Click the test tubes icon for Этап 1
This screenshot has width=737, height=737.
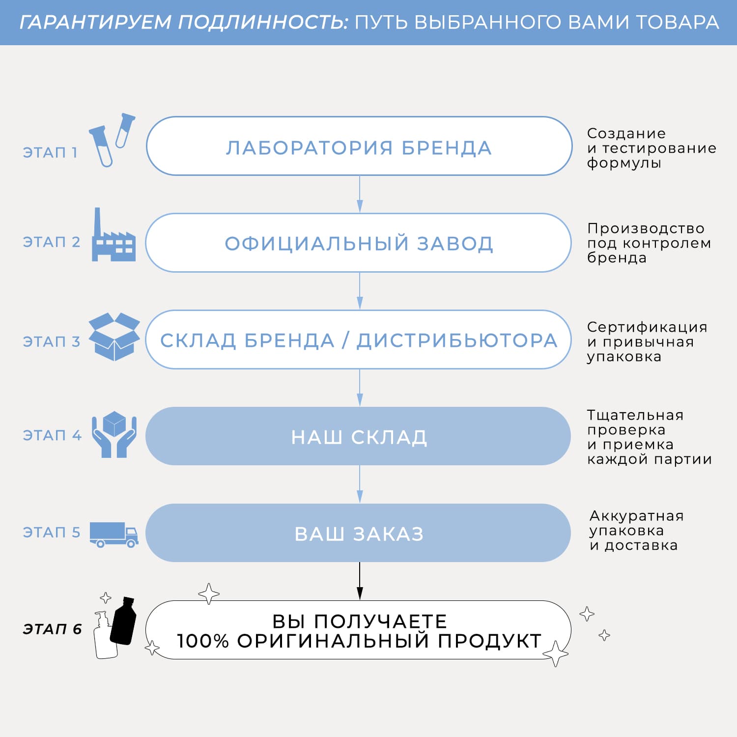pyautogui.click(x=112, y=140)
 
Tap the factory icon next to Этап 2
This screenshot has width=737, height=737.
pyautogui.click(x=113, y=234)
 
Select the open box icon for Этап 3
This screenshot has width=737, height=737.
pyautogui.click(x=114, y=337)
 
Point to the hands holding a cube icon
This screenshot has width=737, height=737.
pyautogui.click(x=114, y=434)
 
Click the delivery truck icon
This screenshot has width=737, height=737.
pyautogui.click(x=114, y=535)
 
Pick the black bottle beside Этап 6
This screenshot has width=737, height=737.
pyautogui.click(x=123, y=621)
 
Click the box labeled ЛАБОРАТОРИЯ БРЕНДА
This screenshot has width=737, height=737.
pyautogui.click(x=359, y=146)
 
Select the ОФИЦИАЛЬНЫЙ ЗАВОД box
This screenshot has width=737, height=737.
pyautogui.click(x=359, y=243)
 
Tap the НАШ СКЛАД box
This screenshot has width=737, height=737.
pyautogui.click(x=358, y=436)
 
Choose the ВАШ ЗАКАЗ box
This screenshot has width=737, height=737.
pyautogui.click(x=358, y=533)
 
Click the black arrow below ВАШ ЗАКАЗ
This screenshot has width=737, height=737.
pyautogui.click(x=360, y=581)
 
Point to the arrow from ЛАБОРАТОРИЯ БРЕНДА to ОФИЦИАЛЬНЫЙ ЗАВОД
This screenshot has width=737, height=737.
pyautogui.click(x=360, y=194)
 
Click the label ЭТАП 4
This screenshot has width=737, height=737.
pyautogui.click(x=52, y=435)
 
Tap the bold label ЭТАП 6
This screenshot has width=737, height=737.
pyautogui.click(x=52, y=629)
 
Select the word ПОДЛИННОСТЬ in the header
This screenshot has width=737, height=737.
pyautogui.click(x=263, y=23)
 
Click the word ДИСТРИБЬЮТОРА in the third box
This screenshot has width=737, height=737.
pyautogui.click(x=457, y=340)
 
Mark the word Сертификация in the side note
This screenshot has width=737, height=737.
pyautogui.click(x=647, y=327)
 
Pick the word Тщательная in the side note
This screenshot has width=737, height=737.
pyautogui.click(x=635, y=416)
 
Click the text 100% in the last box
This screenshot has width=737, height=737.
pyautogui.click(x=203, y=641)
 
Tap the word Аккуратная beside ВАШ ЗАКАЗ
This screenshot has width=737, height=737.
pyautogui.click(x=637, y=516)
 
